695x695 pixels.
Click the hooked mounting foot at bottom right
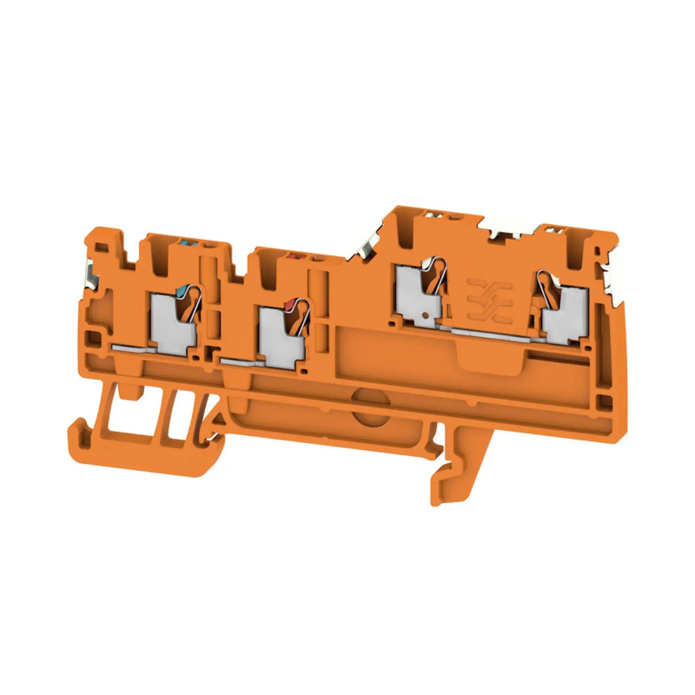(x=448, y=482)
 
